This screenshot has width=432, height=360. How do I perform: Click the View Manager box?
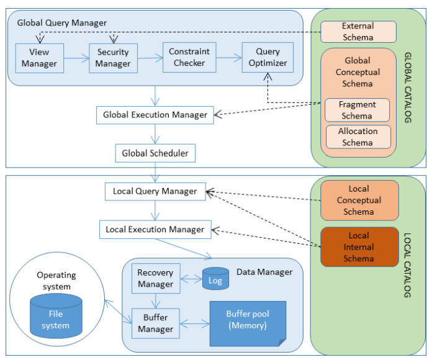(38, 58)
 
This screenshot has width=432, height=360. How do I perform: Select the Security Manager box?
(113, 58)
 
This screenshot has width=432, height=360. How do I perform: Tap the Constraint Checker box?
(189, 57)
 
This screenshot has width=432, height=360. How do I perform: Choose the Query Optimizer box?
(268, 58)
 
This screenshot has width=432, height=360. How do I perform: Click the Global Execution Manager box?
(155, 114)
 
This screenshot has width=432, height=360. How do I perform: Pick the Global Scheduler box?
(155, 152)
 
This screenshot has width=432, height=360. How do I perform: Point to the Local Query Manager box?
(155, 191)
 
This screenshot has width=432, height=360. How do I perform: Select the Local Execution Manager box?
(155, 229)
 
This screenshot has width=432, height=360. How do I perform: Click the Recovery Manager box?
(155, 279)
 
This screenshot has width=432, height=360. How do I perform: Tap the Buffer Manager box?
(155, 323)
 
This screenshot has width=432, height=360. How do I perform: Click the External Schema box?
(358, 32)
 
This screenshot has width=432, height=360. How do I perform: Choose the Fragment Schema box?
(357, 110)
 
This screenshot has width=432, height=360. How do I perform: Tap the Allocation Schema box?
(358, 137)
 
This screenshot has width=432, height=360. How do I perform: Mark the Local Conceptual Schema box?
(359, 200)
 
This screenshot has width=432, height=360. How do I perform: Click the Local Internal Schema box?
(359, 246)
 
